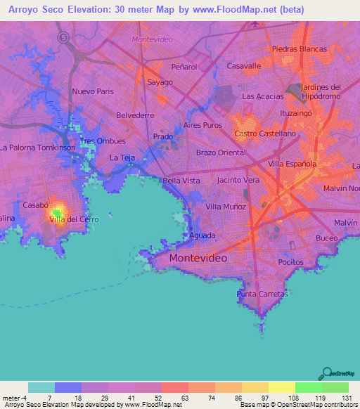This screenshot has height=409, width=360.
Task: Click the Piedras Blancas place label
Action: (x=300, y=49)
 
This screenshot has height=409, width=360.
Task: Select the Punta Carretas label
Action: (x=262, y=293)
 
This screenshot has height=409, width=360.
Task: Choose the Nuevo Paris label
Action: (x=92, y=91)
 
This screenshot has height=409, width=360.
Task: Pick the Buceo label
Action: (x=326, y=238)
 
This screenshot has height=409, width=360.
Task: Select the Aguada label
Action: (x=202, y=235)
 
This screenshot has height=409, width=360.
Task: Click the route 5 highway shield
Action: (x=64, y=37)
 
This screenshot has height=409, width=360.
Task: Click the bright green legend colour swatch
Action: (x=308, y=387)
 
